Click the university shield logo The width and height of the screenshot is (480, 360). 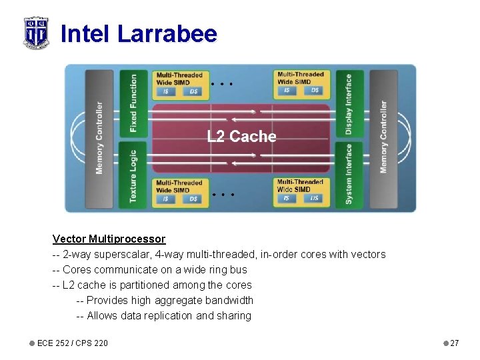tap(36, 33)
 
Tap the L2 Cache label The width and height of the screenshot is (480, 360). tap(241, 137)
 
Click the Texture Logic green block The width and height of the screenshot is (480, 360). tap(133, 176)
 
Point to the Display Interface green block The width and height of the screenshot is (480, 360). tap(349, 103)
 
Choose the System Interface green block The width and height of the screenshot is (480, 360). tap(349, 176)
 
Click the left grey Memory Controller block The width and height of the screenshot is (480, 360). tap(99, 138)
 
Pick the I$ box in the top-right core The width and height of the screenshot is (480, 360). tap(287, 90)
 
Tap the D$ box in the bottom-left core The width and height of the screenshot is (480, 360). tap(193, 199)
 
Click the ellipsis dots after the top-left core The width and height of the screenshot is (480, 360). tap(222, 85)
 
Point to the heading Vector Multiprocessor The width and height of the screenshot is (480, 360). tap(109, 239)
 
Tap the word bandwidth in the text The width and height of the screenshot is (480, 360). tap(229, 300)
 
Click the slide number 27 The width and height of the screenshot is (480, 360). tap(455, 343)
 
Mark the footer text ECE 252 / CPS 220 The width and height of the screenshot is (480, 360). tap(72, 343)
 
